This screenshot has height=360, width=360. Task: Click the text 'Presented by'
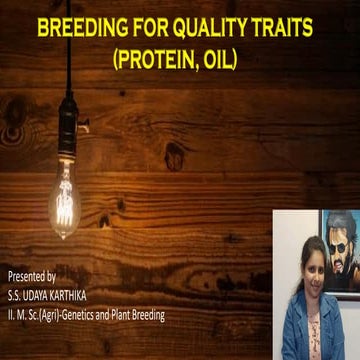click(32, 275)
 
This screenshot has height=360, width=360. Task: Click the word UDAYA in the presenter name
click(44, 295)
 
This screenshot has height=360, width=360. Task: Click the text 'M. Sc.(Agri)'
click(39, 315)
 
